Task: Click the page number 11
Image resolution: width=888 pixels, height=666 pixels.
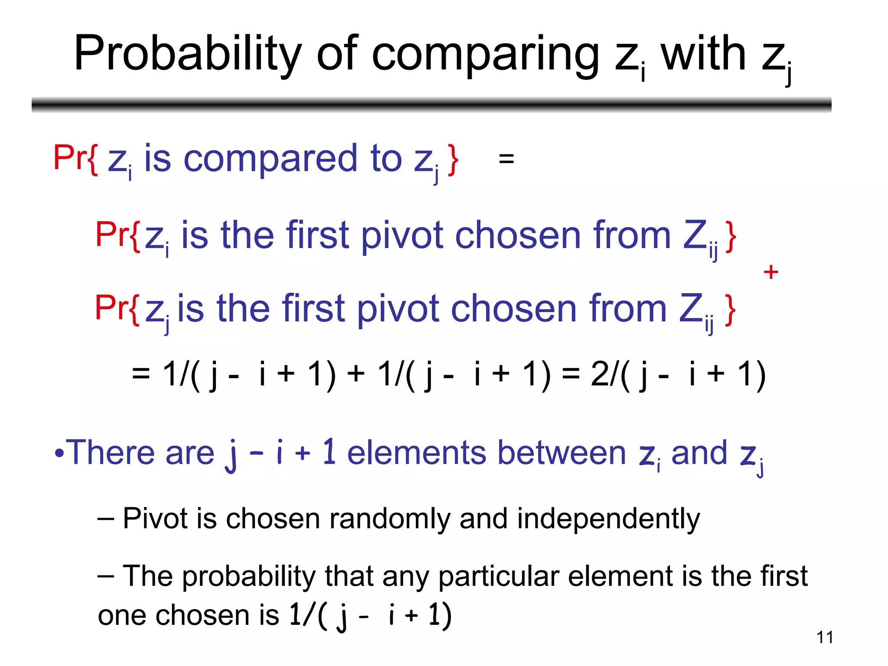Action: click(824, 637)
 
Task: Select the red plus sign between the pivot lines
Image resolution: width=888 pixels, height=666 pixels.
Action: click(770, 273)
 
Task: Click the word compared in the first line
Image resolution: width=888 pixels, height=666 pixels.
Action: click(271, 160)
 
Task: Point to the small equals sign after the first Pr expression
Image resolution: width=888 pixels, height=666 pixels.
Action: click(506, 159)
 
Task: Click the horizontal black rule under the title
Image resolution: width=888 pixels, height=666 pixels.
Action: click(431, 104)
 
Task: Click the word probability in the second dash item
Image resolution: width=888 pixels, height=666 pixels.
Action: click(249, 577)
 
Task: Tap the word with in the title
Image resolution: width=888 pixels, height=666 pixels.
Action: click(703, 54)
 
